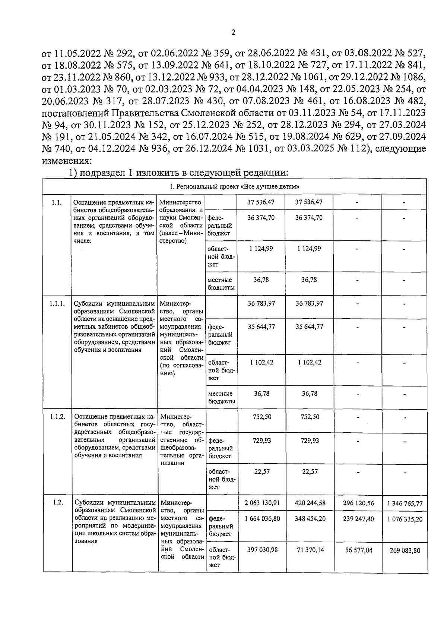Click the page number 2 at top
point(234,32)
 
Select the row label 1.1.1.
point(57,304)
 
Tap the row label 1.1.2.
point(57,417)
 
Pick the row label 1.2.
point(57,502)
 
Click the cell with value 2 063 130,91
point(261,503)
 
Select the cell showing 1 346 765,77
point(405,504)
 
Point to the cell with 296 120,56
point(357,503)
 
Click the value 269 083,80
point(405,550)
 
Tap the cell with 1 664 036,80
point(261,518)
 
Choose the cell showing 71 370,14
point(309,550)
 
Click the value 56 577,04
point(357,550)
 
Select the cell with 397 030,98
point(261,550)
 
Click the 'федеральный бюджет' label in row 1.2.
point(221,526)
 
